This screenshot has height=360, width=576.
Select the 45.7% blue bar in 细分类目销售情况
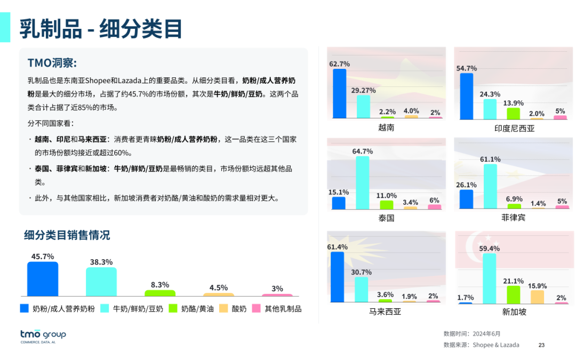43,278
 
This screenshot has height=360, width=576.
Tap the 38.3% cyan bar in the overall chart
101,281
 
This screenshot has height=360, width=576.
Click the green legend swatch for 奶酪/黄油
173,308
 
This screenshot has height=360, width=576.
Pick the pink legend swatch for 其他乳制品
256,308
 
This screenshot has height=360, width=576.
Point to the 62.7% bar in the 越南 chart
340,93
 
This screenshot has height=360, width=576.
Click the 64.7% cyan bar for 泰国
363,182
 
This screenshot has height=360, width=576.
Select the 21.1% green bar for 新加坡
514,294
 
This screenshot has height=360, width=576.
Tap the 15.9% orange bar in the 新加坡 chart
538,297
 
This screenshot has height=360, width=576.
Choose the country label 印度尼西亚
514,129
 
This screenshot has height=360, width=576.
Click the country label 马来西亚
385,311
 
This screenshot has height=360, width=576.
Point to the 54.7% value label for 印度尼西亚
467,68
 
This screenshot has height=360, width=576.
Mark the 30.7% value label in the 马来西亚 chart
362,272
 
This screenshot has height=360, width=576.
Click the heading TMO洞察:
52,63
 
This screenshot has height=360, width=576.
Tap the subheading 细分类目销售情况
67,235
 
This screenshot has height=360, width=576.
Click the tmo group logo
43,336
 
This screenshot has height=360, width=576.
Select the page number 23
541,345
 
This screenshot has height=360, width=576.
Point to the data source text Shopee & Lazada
495,345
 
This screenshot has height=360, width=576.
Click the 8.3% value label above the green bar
160,285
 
